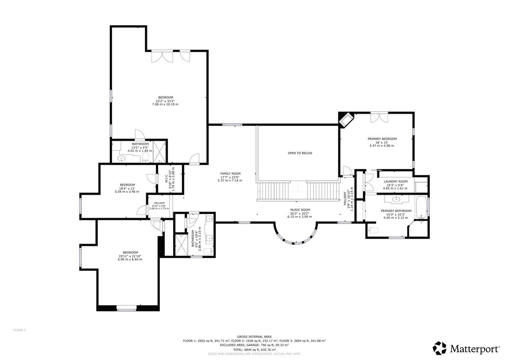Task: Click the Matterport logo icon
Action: tap(440, 348)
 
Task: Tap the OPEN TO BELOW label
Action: tap(300, 153)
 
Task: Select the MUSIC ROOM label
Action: tap(300, 210)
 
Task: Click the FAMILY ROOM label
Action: tap(230, 174)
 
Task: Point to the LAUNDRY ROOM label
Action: tap(396, 181)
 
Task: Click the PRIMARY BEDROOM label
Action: tap(382, 139)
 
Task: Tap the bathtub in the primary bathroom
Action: tap(422, 207)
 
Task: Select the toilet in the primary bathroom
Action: tap(373, 230)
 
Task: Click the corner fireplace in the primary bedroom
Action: tap(346, 120)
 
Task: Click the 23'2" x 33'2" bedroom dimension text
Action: tap(165, 101)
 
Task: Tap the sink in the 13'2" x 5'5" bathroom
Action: tap(122, 158)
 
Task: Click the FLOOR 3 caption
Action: tap(19, 330)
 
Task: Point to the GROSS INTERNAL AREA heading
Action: tap(254, 337)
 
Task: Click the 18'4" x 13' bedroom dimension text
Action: tap(127, 188)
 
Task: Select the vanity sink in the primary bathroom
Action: tap(397, 199)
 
